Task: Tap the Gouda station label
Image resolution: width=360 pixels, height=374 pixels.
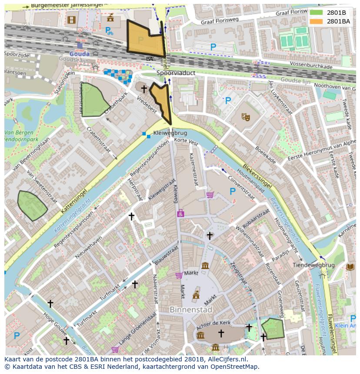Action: [80, 54]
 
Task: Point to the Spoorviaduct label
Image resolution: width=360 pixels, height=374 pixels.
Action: [176, 73]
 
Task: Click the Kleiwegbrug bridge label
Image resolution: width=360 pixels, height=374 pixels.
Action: [170, 133]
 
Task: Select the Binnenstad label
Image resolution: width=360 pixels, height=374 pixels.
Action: [191, 310]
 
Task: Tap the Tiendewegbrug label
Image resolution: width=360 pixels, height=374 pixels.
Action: [313, 265]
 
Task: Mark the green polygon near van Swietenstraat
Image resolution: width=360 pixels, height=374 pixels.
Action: [32, 205]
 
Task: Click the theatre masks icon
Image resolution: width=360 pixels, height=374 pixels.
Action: [246, 117]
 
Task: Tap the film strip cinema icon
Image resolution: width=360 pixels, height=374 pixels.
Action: [71, 20]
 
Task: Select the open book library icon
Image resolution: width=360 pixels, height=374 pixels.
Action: [350, 267]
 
